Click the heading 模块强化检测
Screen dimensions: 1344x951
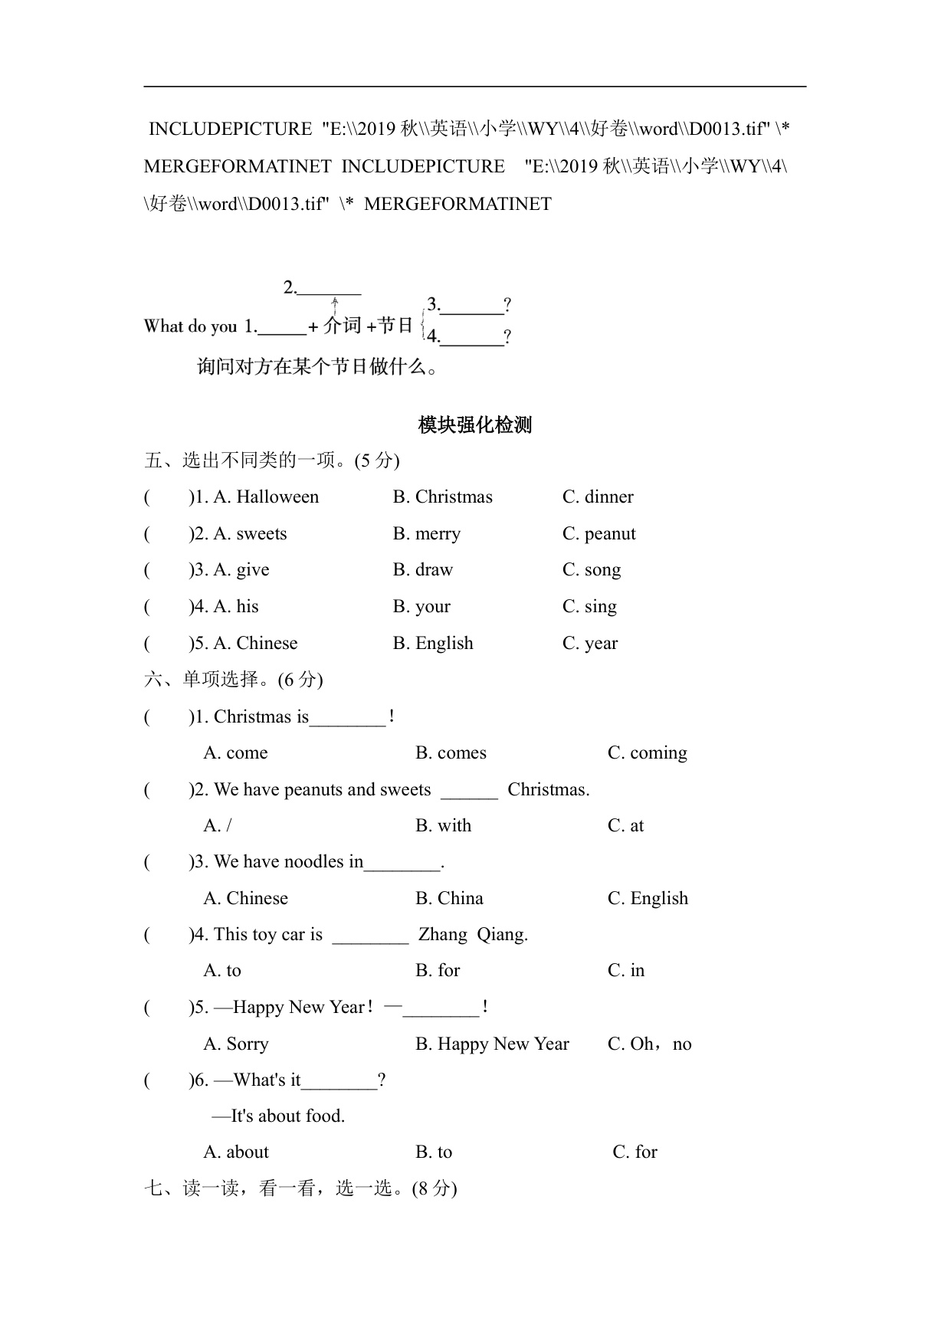click(x=474, y=425)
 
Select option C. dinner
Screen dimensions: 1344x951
click(x=598, y=497)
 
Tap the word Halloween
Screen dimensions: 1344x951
click(x=277, y=497)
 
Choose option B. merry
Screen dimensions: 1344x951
click(x=426, y=533)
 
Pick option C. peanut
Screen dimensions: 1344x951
click(x=598, y=533)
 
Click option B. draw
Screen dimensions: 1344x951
click(x=422, y=569)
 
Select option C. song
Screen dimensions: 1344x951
click(x=591, y=569)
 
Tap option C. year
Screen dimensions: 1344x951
click(x=589, y=643)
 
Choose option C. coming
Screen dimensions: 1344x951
click(x=647, y=752)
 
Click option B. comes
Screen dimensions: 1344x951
click(x=451, y=752)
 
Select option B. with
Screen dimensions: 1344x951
click(x=443, y=825)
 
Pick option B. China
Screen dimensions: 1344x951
click(x=449, y=898)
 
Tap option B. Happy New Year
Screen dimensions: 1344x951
click(x=492, y=1044)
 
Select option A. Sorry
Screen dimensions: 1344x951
click(x=236, y=1044)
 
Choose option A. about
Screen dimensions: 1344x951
click(x=236, y=1152)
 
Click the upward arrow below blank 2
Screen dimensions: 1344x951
click(x=335, y=306)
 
